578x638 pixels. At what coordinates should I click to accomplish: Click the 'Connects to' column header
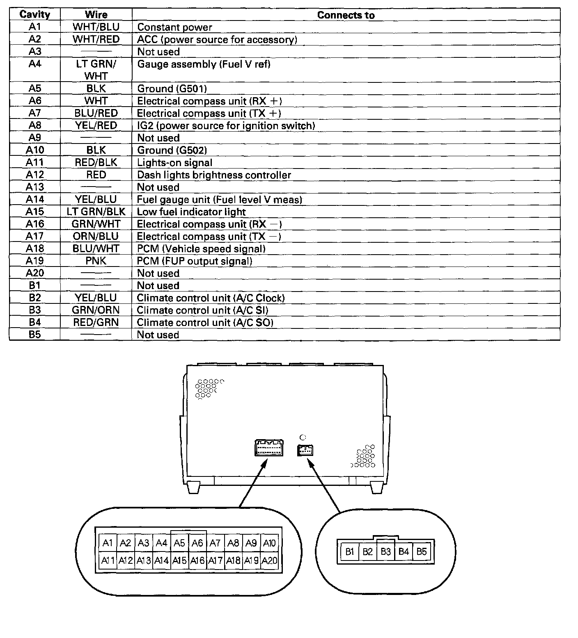pos(346,15)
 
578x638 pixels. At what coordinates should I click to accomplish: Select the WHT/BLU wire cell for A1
pos(96,27)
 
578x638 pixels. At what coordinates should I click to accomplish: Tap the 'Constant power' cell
pos(174,27)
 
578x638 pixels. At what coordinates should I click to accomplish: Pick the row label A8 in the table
pos(35,125)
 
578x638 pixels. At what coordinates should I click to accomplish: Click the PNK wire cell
pos(96,261)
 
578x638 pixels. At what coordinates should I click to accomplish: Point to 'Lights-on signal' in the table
pos(174,163)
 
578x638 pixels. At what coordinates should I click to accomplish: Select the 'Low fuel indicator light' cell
pos(191,212)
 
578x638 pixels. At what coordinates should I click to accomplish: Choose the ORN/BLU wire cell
pos(96,236)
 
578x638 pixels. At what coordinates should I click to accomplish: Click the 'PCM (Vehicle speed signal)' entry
pos(201,249)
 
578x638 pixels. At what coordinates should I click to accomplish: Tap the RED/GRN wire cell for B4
pos(96,323)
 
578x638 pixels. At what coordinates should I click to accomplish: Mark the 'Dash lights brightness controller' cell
pos(214,175)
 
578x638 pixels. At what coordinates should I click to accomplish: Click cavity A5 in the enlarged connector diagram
pos(179,543)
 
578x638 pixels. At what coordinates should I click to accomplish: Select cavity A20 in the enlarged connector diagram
pos(269,560)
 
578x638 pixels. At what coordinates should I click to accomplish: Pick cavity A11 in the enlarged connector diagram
pos(108,560)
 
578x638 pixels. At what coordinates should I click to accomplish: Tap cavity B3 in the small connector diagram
pos(385,551)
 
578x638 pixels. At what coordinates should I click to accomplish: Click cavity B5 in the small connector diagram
pos(422,551)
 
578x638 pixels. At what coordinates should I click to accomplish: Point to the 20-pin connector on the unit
pos(269,448)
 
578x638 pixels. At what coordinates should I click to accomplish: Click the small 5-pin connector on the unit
pos(305,450)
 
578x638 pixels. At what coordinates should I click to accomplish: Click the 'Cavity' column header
pos(35,15)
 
